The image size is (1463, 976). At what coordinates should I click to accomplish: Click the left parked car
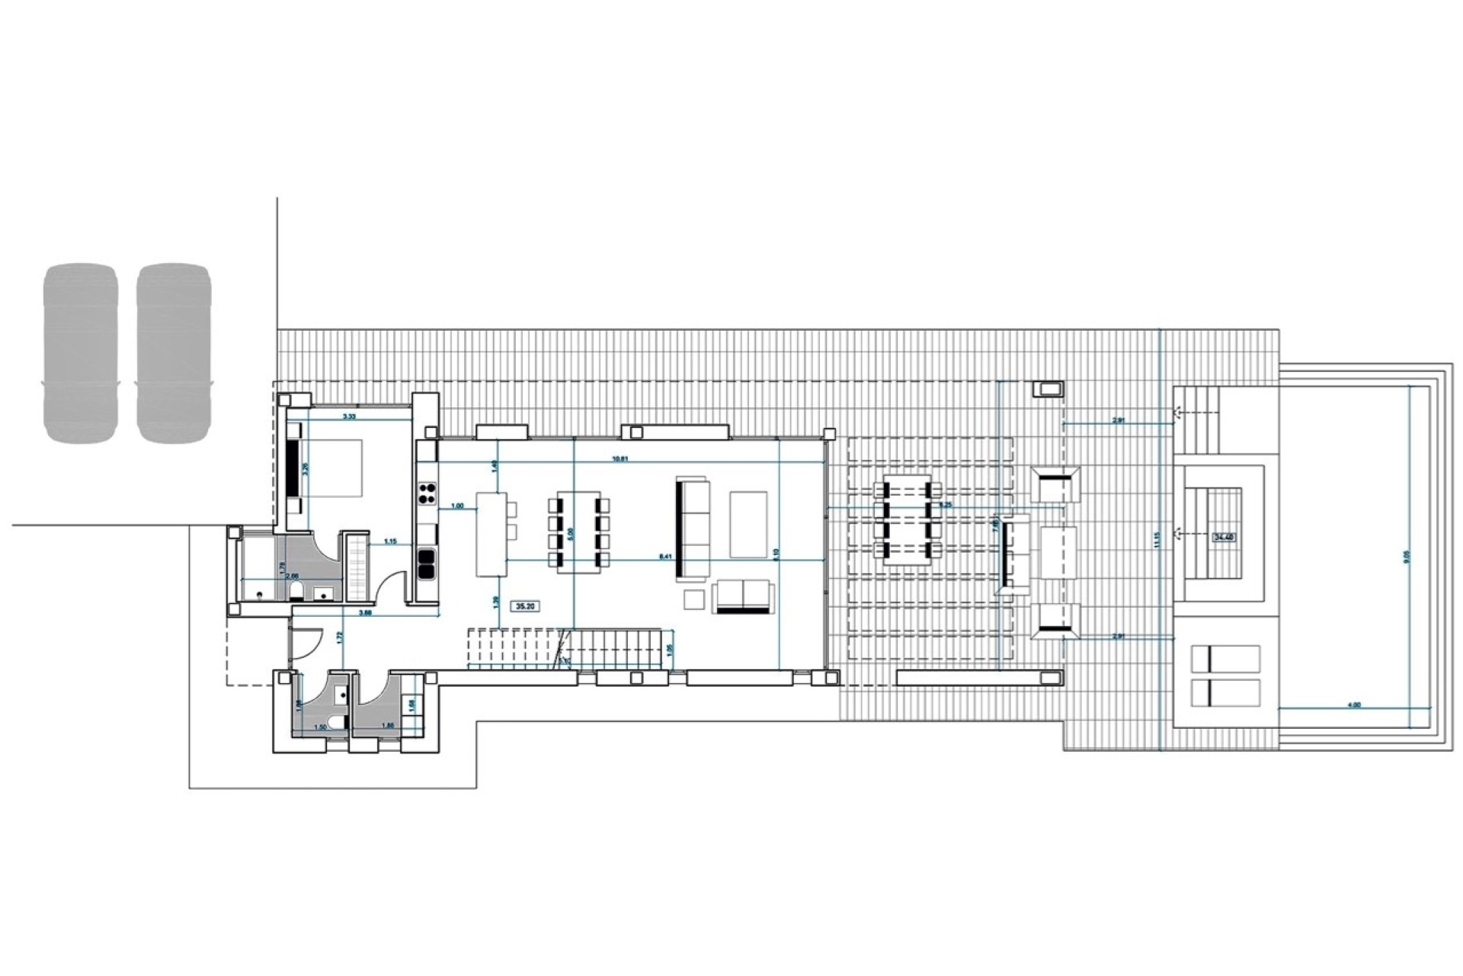point(81,352)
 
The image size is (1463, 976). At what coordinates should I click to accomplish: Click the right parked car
point(174,352)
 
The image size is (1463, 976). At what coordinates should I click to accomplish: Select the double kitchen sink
point(426,563)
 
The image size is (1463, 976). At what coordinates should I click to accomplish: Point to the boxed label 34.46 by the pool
point(1223,537)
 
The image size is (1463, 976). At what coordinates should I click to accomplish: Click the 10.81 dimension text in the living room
point(621,459)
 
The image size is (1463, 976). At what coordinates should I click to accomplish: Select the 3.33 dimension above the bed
point(349,416)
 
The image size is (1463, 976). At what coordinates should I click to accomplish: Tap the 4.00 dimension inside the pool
point(1354,705)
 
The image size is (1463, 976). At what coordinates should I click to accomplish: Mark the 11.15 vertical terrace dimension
point(1157,540)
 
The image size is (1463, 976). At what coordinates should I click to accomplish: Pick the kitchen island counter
point(491,534)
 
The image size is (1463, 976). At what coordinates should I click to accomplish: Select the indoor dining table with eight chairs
point(579,532)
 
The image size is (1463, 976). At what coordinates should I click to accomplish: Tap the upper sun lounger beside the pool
point(1225,659)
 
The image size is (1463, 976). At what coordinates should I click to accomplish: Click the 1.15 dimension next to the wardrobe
point(391,541)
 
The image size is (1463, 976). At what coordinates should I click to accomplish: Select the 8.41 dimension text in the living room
point(666,557)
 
